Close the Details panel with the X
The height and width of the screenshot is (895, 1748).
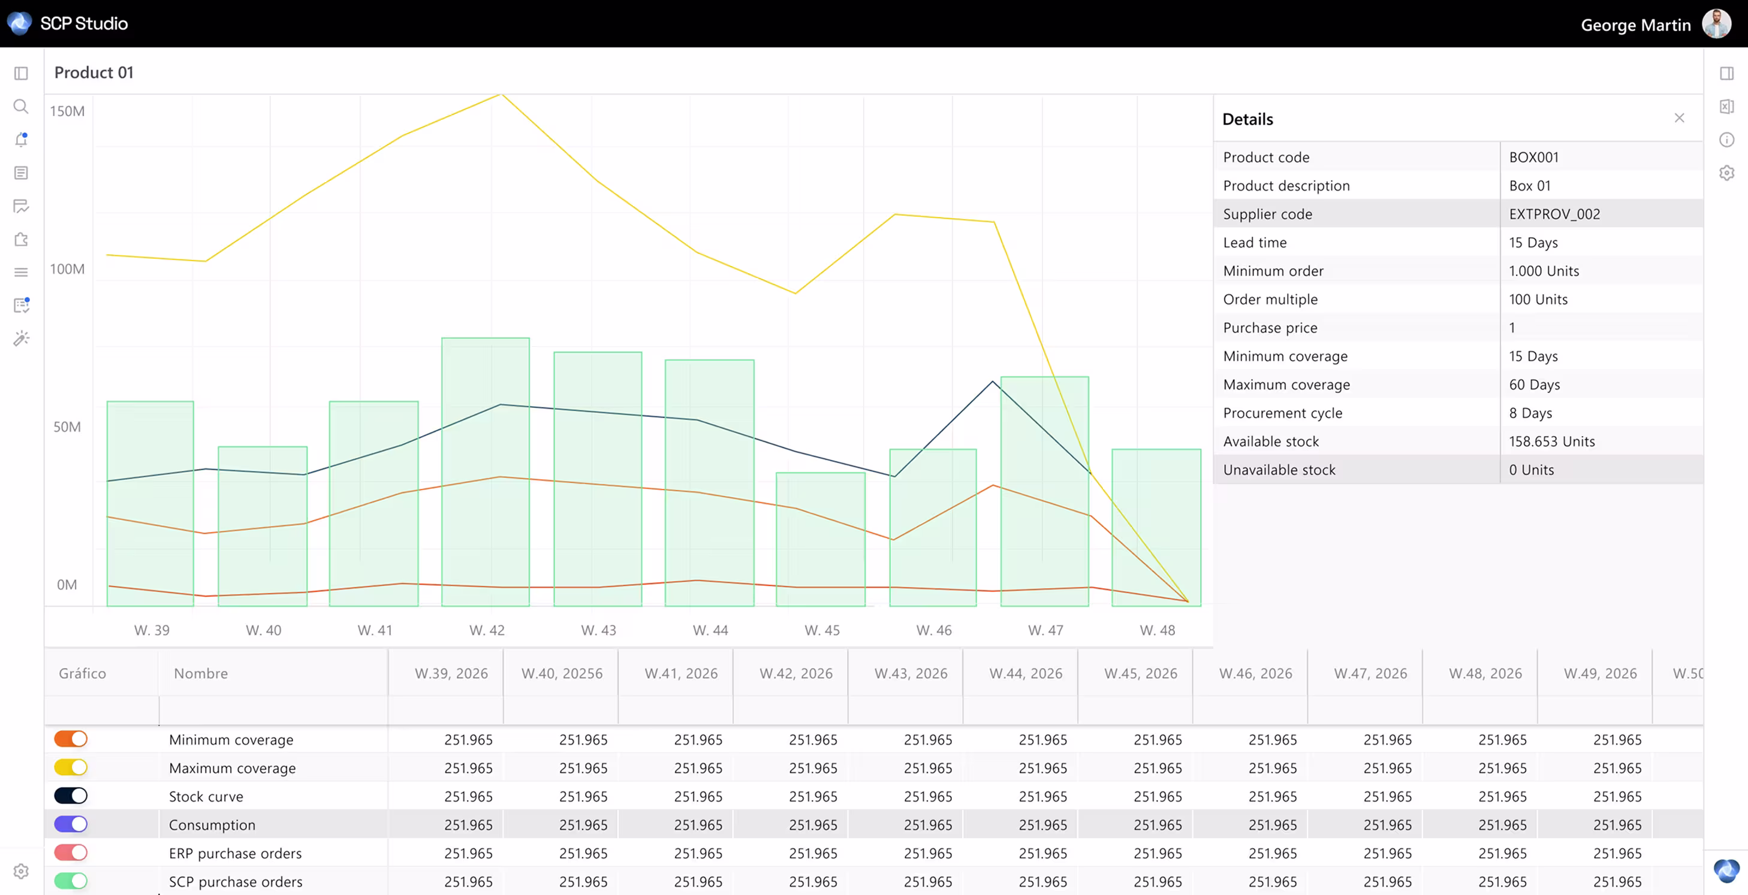click(x=1679, y=118)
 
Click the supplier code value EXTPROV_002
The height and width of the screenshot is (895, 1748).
click(x=1554, y=214)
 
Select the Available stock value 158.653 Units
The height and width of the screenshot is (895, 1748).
click(x=1551, y=442)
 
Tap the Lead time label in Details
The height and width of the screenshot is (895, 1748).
click(x=1254, y=243)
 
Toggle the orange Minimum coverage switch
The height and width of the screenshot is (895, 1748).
click(x=71, y=739)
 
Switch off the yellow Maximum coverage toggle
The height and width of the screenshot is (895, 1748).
click(x=71, y=767)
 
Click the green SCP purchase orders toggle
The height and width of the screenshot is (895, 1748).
click(x=71, y=881)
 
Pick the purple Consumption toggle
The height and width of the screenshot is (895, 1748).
click(x=71, y=824)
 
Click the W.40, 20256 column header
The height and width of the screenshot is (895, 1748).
click(x=561, y=673)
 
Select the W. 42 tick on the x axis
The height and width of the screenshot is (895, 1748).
click(x=487, y=630)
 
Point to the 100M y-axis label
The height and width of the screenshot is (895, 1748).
click(x=67, y=269)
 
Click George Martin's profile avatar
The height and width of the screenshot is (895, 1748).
click(x=1717, y=25)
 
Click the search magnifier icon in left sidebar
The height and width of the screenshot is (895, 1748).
click(x=21, y=107)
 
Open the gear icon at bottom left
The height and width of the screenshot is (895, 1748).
click(x=21, y=871)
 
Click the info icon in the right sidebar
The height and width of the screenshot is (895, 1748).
click(x=1726, y=140)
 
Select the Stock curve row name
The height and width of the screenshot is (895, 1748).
click(x=206, y=797)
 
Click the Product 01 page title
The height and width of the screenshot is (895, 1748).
click(x=94, y=72)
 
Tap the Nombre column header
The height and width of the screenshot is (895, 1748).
click(x=200, y=673)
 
